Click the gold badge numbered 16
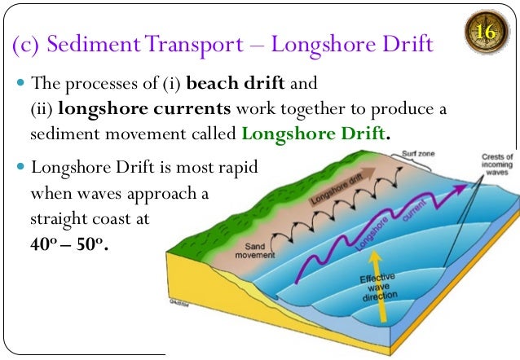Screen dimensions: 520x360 point(486,32)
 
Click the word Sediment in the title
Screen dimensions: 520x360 point(94,44)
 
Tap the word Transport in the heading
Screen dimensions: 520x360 point(194,45)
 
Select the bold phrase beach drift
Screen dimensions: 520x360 point(236,83)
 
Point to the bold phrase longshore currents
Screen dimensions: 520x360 point(144,109)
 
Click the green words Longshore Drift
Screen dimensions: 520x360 point(313,134)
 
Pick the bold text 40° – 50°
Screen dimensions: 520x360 point(69,244)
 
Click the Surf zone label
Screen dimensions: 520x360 point(418,153)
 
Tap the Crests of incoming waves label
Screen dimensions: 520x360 point(497,164)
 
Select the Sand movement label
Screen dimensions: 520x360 point(254,251)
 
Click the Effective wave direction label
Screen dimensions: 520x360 point(379,287)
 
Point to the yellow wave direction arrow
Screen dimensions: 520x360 point(378,286)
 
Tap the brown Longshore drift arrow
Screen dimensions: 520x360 point(342,187)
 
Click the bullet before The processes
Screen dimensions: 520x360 point(20,82)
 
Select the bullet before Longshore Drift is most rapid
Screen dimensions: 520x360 point(20,166)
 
